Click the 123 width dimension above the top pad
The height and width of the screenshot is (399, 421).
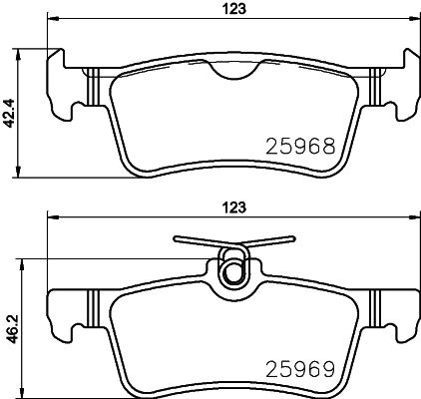234,8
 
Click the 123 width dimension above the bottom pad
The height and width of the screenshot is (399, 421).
234,207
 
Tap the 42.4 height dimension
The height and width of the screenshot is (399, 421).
9,113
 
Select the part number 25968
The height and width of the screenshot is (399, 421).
300,147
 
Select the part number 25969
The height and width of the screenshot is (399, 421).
300,369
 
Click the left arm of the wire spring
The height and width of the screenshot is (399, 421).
200,241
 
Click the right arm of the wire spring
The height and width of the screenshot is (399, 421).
268,241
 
